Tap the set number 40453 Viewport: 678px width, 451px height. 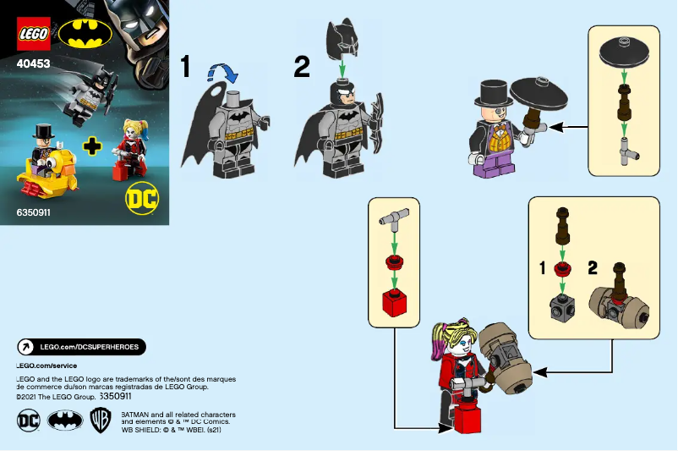coord(34,61)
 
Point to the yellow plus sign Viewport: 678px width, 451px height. coord(91,146)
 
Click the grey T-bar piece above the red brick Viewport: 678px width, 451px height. coord(395,220)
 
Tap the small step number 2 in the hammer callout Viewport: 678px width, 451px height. coord(593,268)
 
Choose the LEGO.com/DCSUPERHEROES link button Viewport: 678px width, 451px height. coord(81,347)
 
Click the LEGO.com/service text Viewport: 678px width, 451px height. coord(46,365)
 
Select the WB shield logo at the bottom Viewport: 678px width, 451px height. coord(100,421)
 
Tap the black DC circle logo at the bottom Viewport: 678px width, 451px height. coord(29,421)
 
